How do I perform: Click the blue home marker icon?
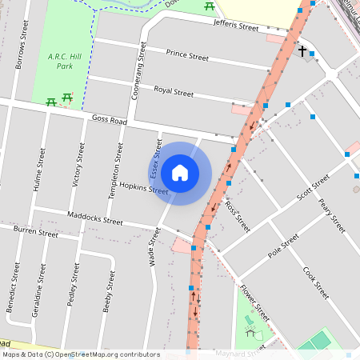[x=180, y=173]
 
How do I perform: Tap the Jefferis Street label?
[x=236, y=26]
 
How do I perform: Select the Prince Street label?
[x=187, y=56]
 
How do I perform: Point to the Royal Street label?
[x=174, y=92]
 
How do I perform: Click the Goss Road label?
[x=110, y=120]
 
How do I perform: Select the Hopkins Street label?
[x=144, y=188]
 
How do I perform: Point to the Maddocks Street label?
[x=95, y=217]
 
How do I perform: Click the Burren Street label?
[x=36, y=232]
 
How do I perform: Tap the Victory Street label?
[x=78, y=164]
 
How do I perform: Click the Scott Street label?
[x=312, y=189]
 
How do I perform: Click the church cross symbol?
[x=302, y=52]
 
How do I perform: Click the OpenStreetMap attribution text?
[x=81, y=354]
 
